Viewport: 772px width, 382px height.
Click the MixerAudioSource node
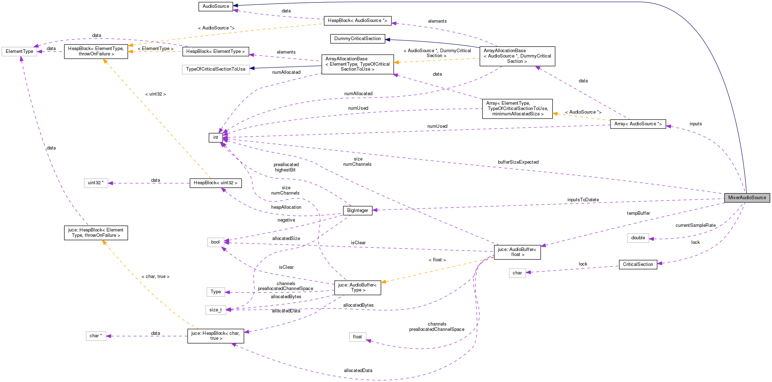click(747, 198)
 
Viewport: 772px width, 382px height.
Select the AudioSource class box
click(216, 6)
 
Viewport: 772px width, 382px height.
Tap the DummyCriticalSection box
click(357, 39)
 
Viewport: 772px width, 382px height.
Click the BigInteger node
click(357, 211)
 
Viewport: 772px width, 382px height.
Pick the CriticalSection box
click(638, 264)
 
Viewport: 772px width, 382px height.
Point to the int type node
click(216, 137)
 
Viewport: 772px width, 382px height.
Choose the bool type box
click(215, 242)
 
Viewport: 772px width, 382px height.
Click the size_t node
click(215, 310)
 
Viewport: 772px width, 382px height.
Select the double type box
click(638, 238)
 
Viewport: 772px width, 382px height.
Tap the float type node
click(357, 337)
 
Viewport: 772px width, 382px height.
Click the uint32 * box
click(96, 183)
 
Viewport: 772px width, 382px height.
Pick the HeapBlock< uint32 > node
click(215, 183)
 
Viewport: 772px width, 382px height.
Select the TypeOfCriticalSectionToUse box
click(215, 69)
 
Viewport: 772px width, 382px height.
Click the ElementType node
click(20, 51)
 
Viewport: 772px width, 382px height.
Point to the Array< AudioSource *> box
click(638, 124)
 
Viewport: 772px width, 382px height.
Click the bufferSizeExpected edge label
click(518, 162)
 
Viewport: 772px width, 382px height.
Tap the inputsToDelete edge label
click(583, 200)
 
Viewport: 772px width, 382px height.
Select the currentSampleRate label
click(695, 225)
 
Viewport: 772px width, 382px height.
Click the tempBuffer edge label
click(638, 213)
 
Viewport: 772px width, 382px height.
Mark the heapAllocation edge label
click(286, 207)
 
